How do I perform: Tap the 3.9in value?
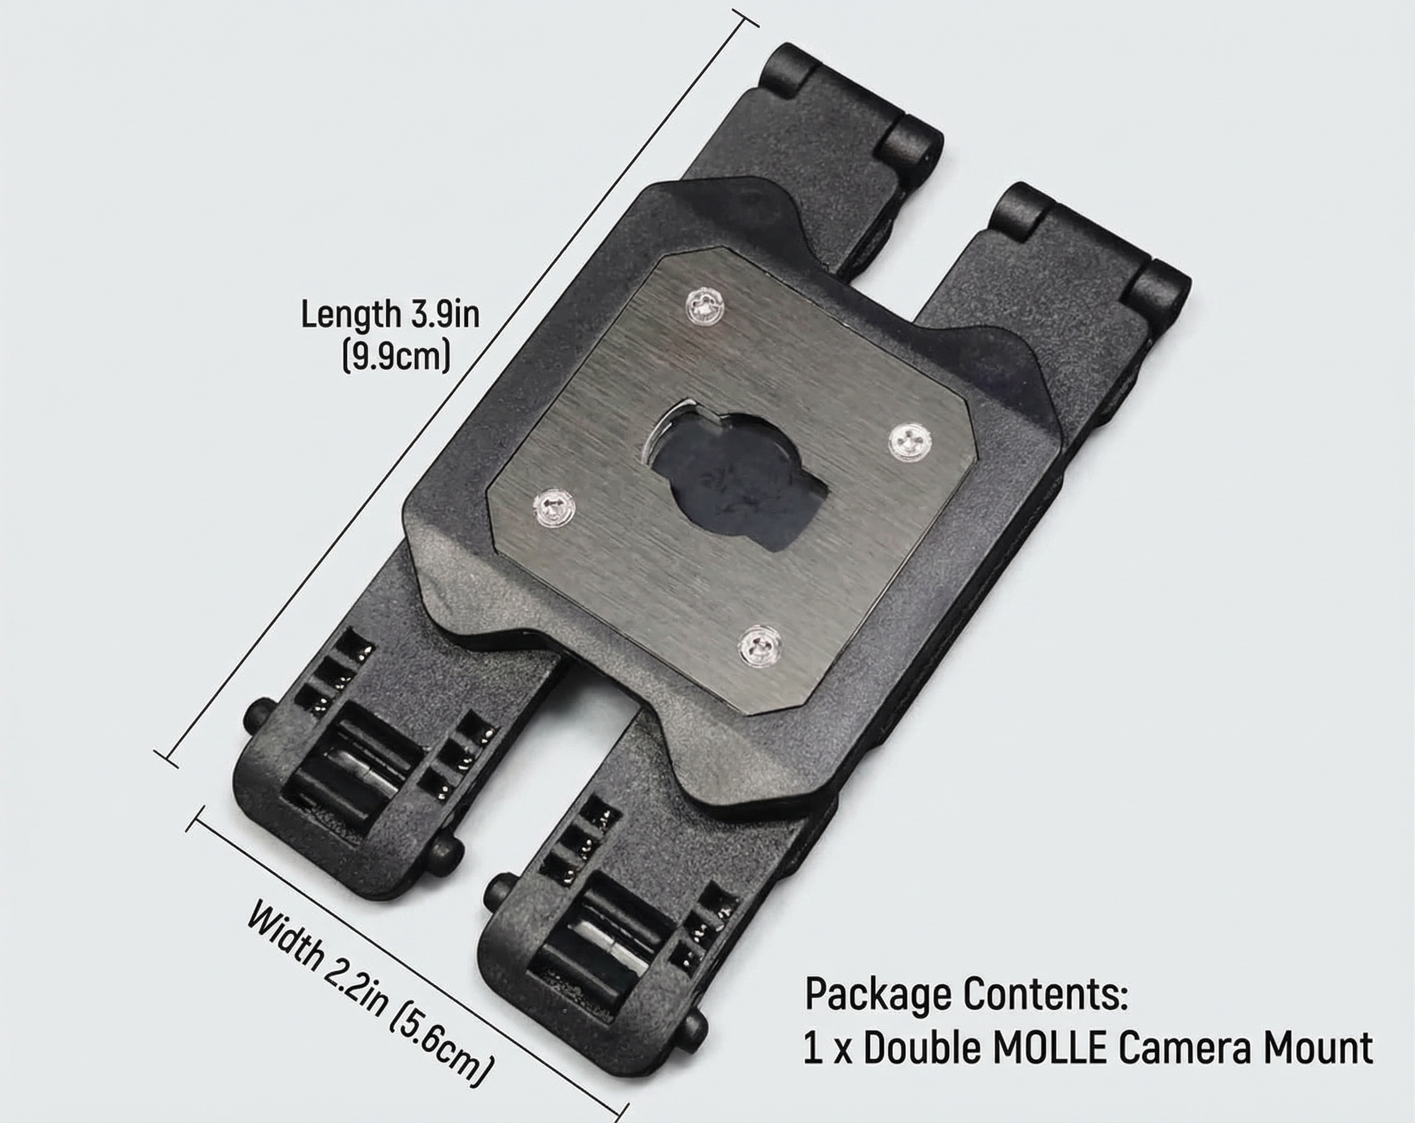[x=445, y=315]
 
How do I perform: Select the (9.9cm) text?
[x=397, y=357]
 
